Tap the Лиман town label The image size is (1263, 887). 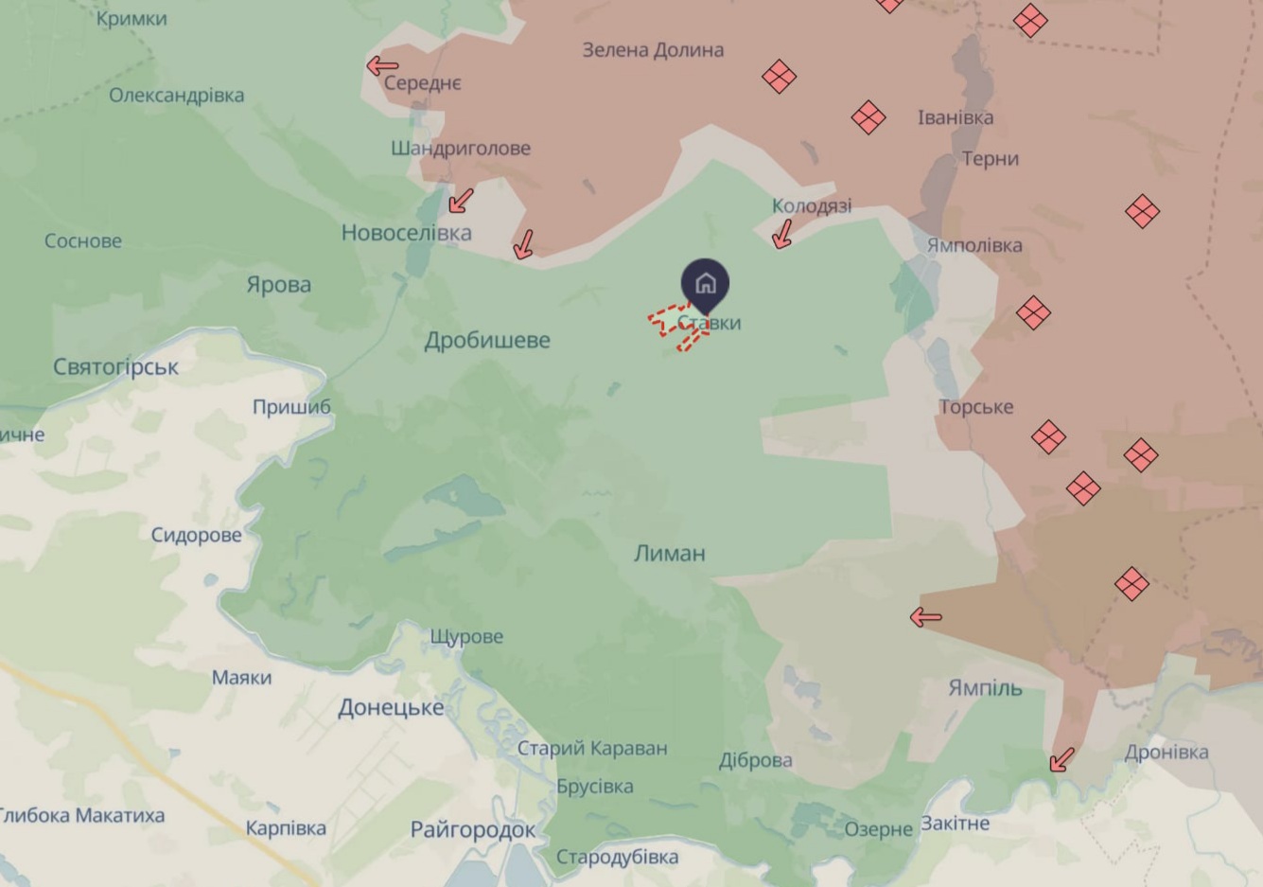click(669, 553)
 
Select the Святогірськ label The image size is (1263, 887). click(115, 366)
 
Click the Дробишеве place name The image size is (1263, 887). click(486, 340)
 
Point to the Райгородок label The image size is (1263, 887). click(472, 830)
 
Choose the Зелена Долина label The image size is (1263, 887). click(653, 50)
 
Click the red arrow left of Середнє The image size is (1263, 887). click(382, 65)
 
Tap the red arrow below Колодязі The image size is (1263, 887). click(781, 234)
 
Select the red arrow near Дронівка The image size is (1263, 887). click(1061, 759)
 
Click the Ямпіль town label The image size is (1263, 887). click(985, 688)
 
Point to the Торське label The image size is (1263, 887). click(975, 407)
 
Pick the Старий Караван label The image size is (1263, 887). click(591, 748)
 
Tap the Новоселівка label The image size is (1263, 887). click(406, 233)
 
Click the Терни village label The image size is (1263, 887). click(990, 159)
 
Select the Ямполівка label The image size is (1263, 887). click(974, 246)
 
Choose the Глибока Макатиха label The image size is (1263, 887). click(81, 815)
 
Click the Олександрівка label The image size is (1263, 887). click(176, 96)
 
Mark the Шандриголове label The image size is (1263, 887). click(460, 149)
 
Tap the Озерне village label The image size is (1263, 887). click(878, 830)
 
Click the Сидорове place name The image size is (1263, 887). click(196, 536)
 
